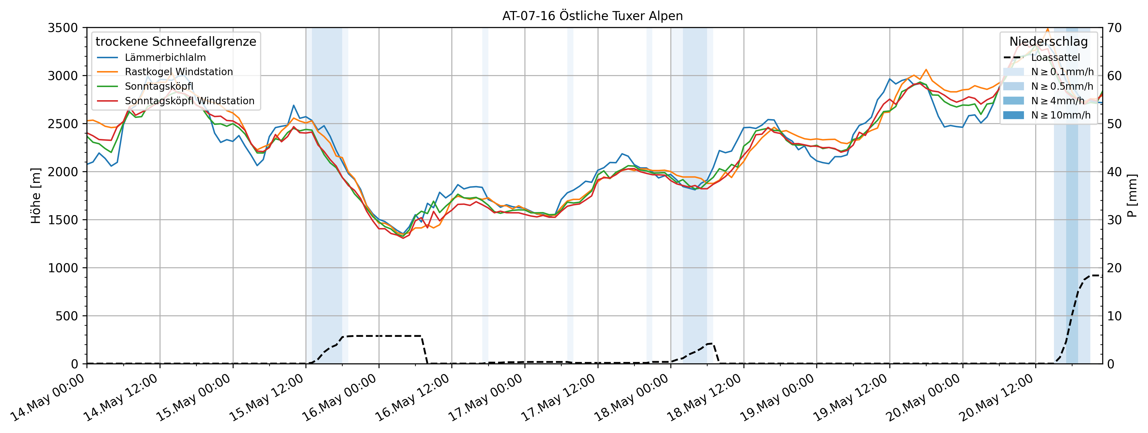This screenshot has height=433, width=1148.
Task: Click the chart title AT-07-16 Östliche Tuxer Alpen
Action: click(592, 16)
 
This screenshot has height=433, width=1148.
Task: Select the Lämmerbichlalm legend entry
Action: click(165, 57)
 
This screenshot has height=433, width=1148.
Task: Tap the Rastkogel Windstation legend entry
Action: click(178, 72)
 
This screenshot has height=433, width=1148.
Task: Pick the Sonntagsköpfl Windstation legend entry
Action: click(189, 101)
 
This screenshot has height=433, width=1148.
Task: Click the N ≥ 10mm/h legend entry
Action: click(1061, 115)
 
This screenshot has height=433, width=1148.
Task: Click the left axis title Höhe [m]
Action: click(36, 196)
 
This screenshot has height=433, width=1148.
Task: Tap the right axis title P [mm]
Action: click(1132, 196)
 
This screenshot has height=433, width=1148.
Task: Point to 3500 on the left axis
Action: click(62, 28)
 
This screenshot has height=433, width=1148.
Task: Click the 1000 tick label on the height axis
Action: click(62, 268)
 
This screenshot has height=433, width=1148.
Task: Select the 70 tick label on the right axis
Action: click(1114, 28)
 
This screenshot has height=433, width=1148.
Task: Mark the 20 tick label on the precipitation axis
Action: click(1114, 268)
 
